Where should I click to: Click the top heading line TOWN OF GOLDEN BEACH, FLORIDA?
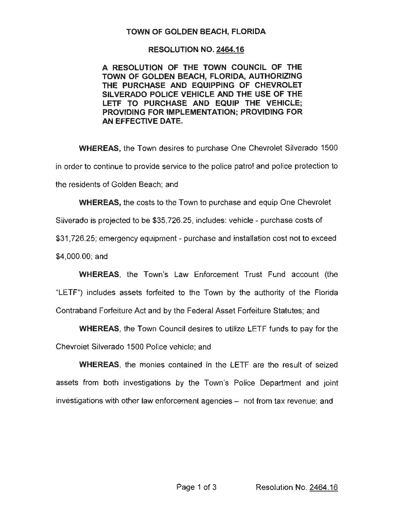[x=196, y=32]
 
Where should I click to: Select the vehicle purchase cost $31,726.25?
[x=75, y=238]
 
